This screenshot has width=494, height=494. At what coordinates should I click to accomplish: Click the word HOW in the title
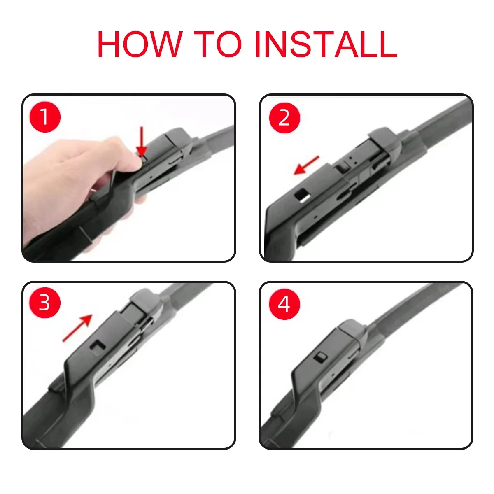140,44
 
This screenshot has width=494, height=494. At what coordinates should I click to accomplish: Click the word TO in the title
218,44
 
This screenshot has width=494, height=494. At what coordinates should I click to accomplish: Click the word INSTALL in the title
326,44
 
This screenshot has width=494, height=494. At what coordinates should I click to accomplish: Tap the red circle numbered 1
45,117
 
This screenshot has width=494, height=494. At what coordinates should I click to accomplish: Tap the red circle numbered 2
284,118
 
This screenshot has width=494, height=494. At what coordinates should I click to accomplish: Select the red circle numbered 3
45,303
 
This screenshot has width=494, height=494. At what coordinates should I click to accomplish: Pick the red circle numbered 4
284,304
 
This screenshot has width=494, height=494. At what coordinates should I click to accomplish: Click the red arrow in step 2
306,165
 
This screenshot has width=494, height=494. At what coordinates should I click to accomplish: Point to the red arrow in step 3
77,328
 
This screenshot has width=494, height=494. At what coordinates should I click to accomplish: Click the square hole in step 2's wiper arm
303,195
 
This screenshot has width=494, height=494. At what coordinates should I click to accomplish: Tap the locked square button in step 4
321,357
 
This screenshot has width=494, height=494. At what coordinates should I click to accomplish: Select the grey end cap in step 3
147,303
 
